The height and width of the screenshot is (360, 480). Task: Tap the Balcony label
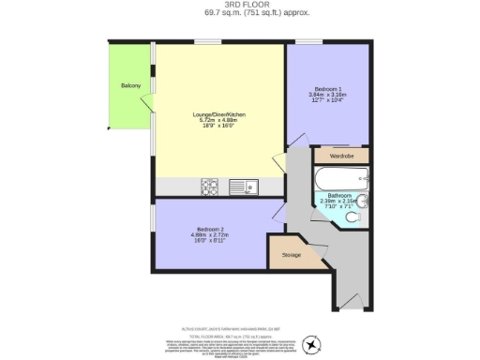click(130, 86)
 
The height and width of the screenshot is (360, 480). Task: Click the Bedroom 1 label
click(327, 89)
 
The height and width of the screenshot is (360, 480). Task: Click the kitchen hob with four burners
click(210, 186)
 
